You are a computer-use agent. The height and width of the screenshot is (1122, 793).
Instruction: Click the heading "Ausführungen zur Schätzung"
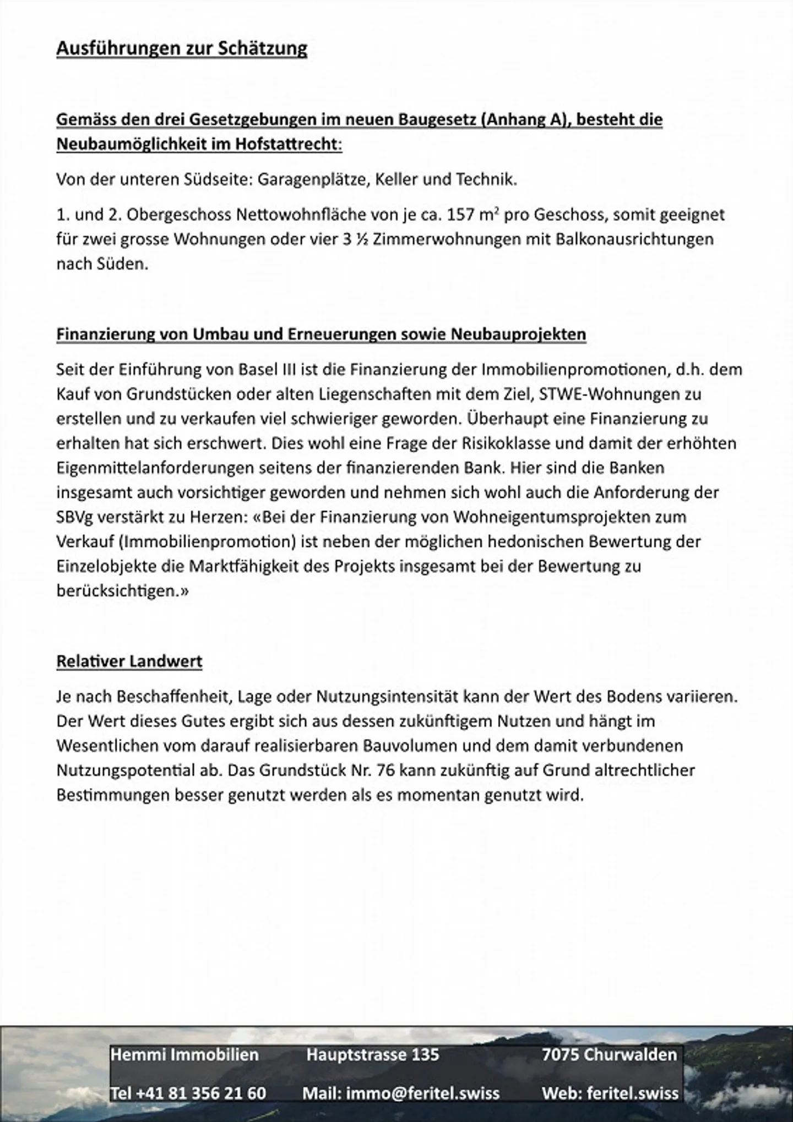[x=182, y=49]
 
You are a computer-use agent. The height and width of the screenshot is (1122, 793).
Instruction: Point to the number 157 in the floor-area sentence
[x=460, y=215]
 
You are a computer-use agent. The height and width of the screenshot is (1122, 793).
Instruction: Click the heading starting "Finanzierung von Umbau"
[x=321, y=334]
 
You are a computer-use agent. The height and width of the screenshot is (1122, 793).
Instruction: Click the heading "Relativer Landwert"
[x=129, y=661]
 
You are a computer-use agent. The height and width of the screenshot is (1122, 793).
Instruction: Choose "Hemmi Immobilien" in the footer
[x=184, y=1054]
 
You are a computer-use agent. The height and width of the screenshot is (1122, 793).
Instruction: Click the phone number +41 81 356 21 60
[x=188, y=1093]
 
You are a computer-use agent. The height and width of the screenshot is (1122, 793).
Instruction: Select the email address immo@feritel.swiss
[x=401, y=1093]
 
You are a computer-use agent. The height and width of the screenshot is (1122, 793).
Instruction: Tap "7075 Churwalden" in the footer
[x=609, y=1054]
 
